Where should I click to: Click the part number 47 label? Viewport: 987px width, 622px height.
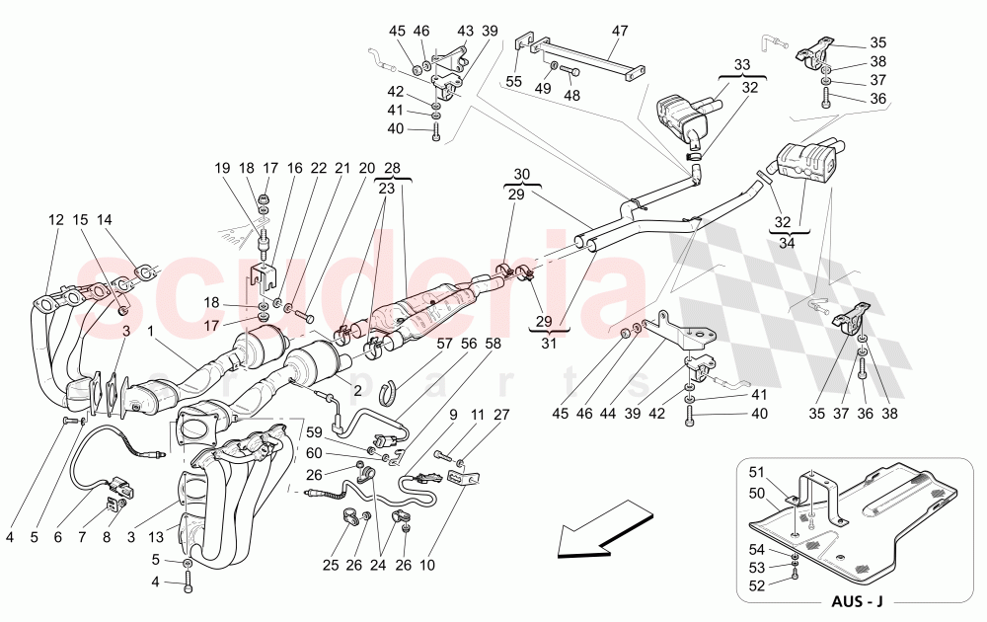click(619, 32)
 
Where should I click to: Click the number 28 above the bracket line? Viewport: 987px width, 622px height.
click(392, 169)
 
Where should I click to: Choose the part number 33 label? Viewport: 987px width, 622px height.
click(742, 64)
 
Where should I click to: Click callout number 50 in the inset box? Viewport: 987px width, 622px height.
click(757, 492)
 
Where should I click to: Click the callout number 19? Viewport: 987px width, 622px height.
click(222, 169)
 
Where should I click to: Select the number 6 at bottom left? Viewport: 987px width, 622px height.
click(58, 538)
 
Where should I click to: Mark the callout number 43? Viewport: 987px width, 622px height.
click(465, 32)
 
